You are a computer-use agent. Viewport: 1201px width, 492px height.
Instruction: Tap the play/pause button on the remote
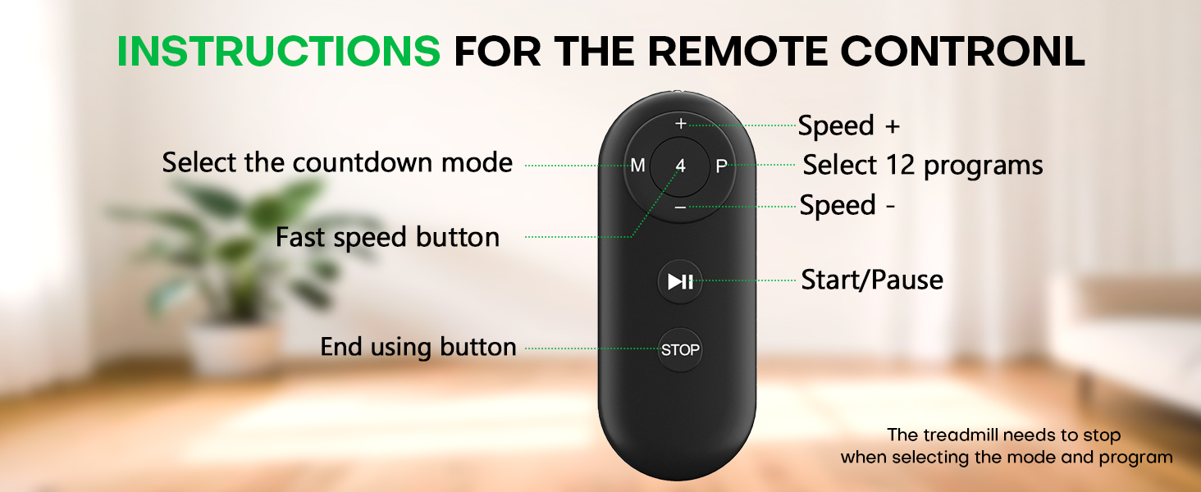point(680,282)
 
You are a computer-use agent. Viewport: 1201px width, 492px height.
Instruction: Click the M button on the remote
point(637,166)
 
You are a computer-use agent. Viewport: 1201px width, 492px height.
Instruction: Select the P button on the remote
point(721,166)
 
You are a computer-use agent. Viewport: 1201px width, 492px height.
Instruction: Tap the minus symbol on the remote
point(680,208)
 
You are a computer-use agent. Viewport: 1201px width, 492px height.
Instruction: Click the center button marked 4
point(680,166)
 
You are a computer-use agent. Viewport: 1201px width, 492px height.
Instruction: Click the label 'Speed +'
point(849,125)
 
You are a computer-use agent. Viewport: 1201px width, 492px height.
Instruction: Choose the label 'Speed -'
point(847,205)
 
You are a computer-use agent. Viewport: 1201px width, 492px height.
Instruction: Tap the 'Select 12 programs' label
point(923,165)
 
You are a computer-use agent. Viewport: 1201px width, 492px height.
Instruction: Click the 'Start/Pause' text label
point(872,280)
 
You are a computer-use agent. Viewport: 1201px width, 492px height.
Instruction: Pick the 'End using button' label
point(418,347)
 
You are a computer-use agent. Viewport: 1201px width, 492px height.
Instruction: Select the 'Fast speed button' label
point(387,238)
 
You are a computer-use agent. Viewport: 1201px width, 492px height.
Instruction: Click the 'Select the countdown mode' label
point(337,162)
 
